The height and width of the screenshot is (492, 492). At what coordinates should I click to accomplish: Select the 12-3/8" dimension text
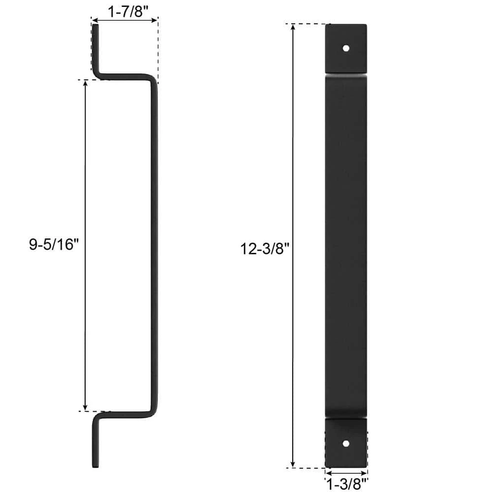[x=263, y=249]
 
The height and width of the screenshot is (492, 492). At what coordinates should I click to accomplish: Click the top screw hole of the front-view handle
[x=346, y=49]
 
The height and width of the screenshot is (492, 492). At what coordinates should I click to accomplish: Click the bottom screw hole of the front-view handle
[x=346, y=443]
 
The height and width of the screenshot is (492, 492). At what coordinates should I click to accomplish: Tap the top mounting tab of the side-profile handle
[x=95, y=49]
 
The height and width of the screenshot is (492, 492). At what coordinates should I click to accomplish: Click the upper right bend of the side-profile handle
[x=153, y=80]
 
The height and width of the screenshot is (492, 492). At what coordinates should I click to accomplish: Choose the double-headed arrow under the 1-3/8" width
[x=346, y=473]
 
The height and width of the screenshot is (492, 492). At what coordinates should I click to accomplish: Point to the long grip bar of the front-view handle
[x=346, y=246]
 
